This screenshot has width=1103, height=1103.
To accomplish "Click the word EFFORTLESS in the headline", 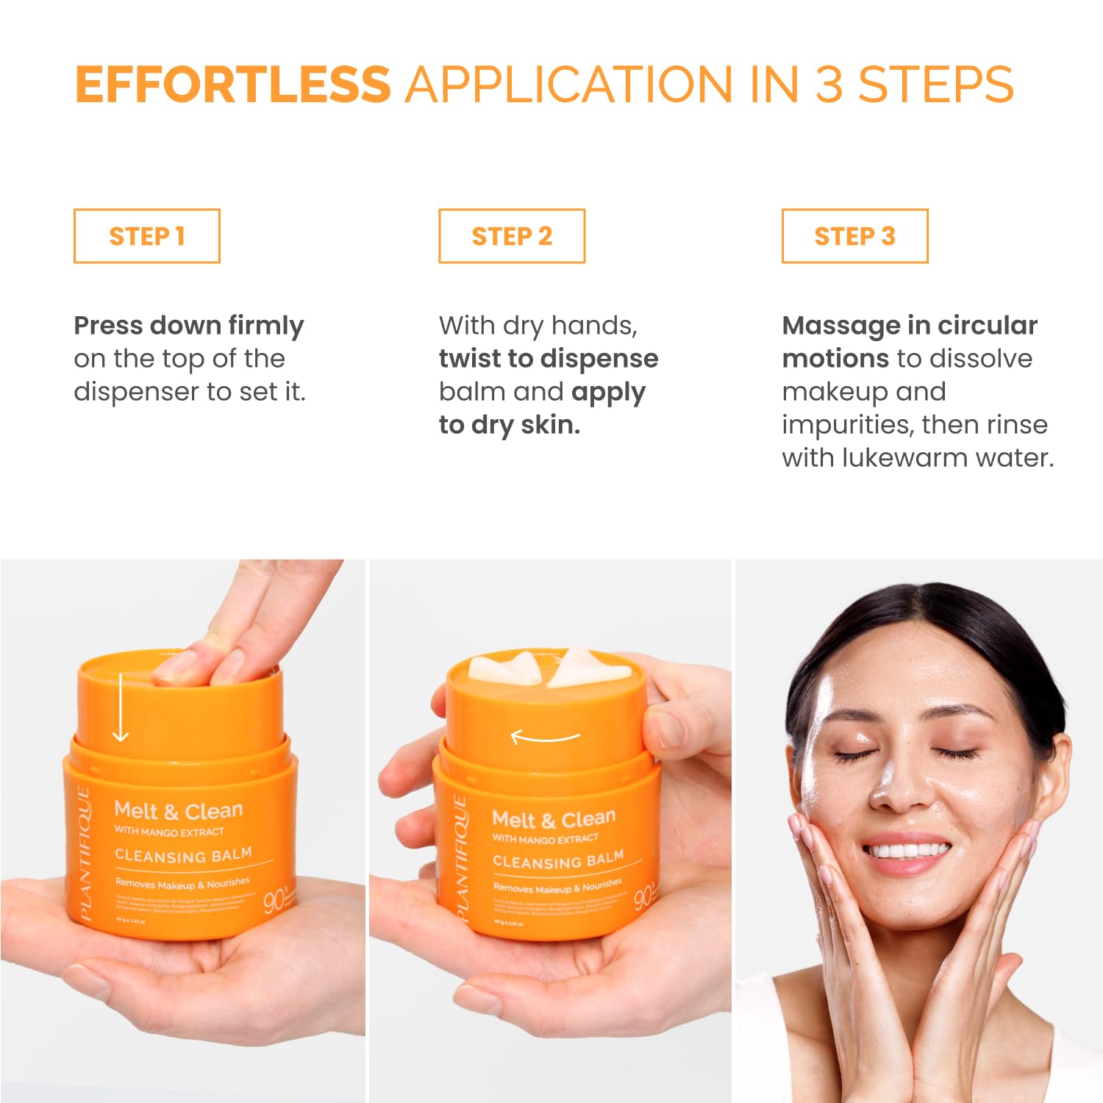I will tap(232, 85).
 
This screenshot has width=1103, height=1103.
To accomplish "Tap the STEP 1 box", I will tap(146, 236).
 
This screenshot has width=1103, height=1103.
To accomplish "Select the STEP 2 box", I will tap(512, 236).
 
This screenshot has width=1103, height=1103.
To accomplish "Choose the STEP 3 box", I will tap(854, 236).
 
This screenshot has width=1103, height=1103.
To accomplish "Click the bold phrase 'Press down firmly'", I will tap(188, 325).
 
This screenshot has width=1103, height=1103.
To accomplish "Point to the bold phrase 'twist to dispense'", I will tap(548, 358).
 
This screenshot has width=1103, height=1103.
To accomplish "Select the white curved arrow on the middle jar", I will tap(545, 736).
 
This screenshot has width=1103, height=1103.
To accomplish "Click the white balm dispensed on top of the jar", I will tap(548, 668).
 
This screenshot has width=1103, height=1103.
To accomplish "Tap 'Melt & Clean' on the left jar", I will tap(178, 810).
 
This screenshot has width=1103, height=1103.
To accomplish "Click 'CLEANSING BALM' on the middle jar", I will tap(557, 860).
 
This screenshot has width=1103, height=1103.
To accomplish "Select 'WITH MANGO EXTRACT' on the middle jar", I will tap(545, 838).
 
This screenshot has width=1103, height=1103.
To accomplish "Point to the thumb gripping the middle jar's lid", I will tap(665, 724).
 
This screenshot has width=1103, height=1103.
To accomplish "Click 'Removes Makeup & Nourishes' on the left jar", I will tap(182, 883).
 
